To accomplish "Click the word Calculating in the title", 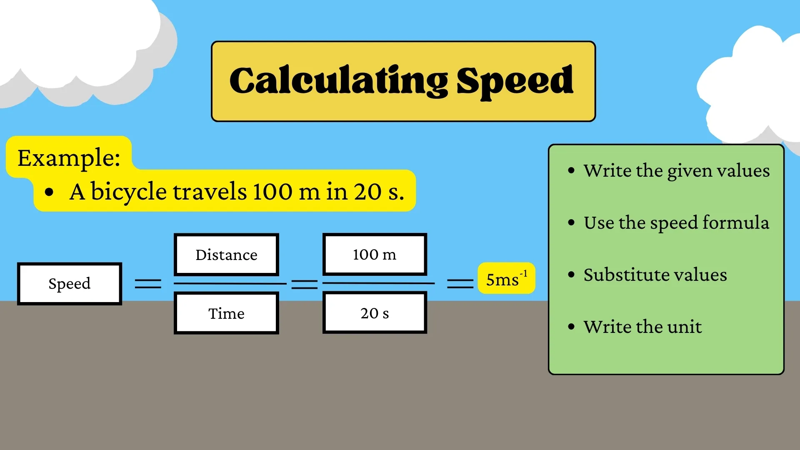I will coord(338,81).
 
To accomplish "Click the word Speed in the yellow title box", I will coord(515,81).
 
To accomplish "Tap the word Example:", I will coord(69,158).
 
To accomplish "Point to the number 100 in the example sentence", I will coord(272,192).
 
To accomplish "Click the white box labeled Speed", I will coord(70,284).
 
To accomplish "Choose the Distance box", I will coord(226,255).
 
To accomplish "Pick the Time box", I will coord(226,313).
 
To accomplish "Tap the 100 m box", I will coord(375,255).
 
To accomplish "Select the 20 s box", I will coord(375,313).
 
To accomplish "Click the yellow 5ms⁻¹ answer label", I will coord(506,278).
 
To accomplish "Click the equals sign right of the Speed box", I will coord(148,284).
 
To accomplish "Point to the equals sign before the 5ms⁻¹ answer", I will coord(460,284).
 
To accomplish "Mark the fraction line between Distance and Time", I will coord(230,284).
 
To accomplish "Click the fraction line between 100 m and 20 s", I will coord(378,283).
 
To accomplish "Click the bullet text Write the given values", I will coord(676,170).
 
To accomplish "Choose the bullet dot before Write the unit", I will coord(571,327).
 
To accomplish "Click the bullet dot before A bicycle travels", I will coord(49,192).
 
